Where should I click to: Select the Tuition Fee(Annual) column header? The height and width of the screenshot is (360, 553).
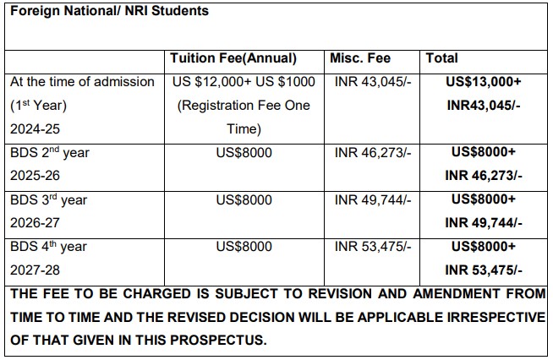pos(233,58)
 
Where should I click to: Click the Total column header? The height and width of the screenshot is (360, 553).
pos(443,58)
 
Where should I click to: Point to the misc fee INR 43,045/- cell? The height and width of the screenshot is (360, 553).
pos(373,82)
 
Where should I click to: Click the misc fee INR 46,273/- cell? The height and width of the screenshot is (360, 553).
pos(373,153)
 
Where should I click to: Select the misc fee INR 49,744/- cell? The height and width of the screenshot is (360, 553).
pos(373,200)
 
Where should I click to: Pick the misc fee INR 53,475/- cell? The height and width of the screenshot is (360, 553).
pos(373,247)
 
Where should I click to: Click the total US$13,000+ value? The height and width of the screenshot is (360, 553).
pos(484,82)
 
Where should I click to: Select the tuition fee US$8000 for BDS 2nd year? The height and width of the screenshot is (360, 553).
pos(244,153)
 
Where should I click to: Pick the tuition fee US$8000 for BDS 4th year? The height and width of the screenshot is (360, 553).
pos(244,247)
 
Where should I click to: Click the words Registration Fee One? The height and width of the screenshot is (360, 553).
pos(244,106)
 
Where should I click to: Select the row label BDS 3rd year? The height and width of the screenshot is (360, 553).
pos(48,200)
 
